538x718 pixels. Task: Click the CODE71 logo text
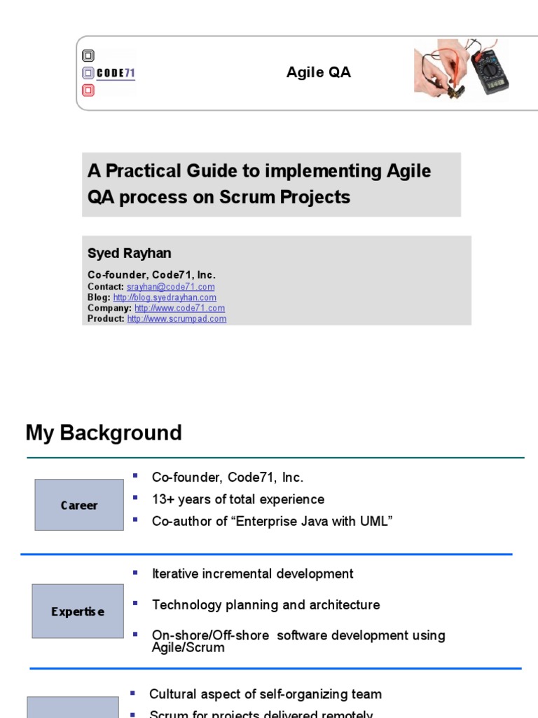coord(116,73)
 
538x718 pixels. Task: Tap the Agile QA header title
coord(319,73)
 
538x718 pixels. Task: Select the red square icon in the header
coord(88,90)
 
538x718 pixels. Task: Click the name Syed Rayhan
coord(130,253)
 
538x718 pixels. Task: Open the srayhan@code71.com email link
coord(170,287)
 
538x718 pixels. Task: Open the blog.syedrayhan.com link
coord(165,297)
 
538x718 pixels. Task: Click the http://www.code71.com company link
coord(179,308)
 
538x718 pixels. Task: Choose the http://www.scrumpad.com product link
coord(177,318)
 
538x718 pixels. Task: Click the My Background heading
coord(104,433)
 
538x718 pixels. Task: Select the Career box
coord(79,505)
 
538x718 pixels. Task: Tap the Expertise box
coord(78,611)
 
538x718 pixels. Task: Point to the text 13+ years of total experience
coord(238,499)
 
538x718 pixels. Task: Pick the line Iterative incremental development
coord(252,574)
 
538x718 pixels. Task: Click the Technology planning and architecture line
coord(265,604)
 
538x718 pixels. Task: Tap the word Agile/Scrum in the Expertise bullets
coord(188,647)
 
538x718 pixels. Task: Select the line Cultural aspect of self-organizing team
coord(265,694)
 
